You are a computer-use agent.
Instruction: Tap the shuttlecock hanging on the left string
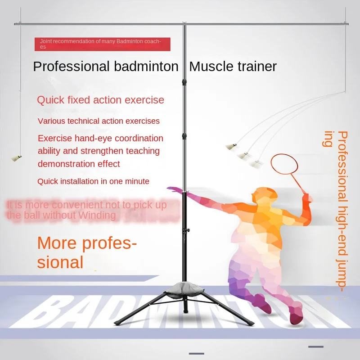pyautogui.click(x=17, y=157)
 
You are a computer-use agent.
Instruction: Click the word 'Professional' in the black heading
pyautogui.click(x=71, y=67)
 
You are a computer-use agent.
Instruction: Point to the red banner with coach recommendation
pyautogui.click(x=103, y=44)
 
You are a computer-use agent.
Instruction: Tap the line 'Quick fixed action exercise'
pyautogui.click(x=100, y=99)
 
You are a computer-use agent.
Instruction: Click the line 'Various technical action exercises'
pyautogui.click(x=99, y=121)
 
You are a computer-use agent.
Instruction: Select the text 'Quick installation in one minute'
pyautogui.click(x=93, y=181)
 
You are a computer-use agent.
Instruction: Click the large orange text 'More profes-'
pyautogui.click(x=87, y=243)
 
